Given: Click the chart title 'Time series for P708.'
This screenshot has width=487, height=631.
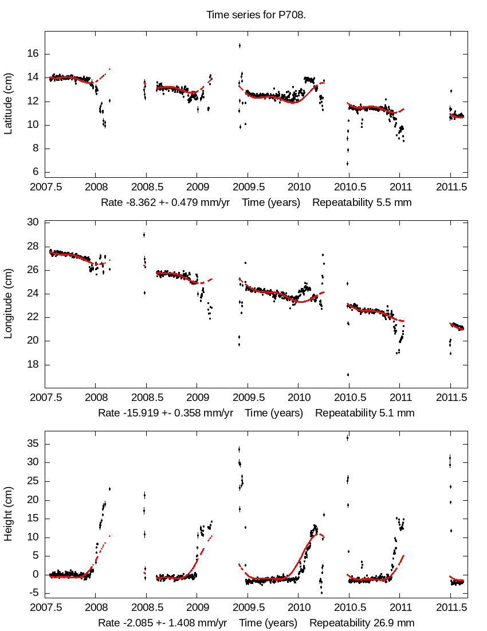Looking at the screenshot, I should (x=256, y=14).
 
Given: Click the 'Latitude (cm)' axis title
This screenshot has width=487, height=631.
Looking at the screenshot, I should (x=8, y=104).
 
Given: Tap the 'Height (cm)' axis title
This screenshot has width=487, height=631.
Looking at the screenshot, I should (x=8, y=515).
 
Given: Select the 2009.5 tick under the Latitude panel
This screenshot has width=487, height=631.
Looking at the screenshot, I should (x=248, y=187).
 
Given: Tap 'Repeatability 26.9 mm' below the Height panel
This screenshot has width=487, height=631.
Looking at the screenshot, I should (x=362, y=623).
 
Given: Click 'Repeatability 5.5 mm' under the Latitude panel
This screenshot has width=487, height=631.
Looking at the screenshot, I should (x=362, y=202).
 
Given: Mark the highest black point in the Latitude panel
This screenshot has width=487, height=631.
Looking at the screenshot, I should (x=239, y=45).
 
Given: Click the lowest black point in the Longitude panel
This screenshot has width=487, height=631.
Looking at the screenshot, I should (x=347, y=375).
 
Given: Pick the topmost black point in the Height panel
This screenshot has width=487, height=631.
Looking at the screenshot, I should (x=347, y=438).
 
